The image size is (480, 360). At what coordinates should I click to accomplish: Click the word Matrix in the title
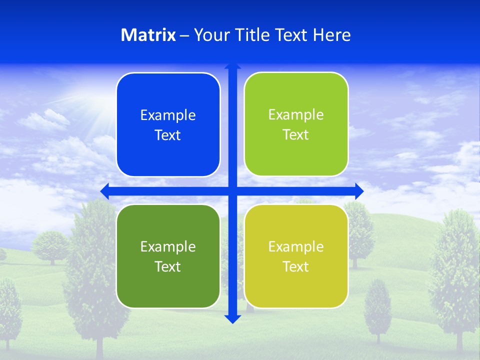tap(148, 35)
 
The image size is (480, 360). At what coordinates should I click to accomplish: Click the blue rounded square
tap(168, 125)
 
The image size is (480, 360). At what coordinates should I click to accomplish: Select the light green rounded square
tap(296, 124)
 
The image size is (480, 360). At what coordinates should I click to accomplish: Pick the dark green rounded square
tap(168, 256)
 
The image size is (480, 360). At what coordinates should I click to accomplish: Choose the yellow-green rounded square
tap(296, 256)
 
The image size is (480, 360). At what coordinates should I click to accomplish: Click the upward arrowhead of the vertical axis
tap(232, 66)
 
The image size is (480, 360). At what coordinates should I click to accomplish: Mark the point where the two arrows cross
tap(232, 191)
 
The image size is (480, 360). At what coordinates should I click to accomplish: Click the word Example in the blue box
tap(168, 115)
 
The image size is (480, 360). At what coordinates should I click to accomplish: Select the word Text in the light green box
tap(296, 134)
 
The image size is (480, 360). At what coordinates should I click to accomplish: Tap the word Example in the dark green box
tap(168, 246)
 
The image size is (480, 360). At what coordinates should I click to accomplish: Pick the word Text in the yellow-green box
tap(296, 266)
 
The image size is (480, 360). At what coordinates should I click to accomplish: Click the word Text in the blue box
tap(168, 135)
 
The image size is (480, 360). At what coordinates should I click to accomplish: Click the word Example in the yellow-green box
tap(296, 246)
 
